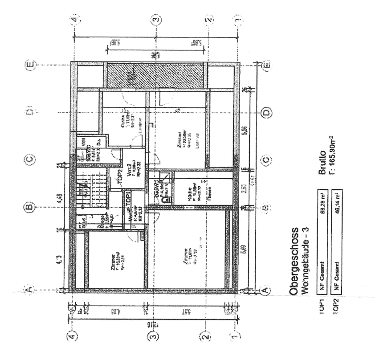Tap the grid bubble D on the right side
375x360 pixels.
point(266,113)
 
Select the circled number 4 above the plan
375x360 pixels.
point(74,20)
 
